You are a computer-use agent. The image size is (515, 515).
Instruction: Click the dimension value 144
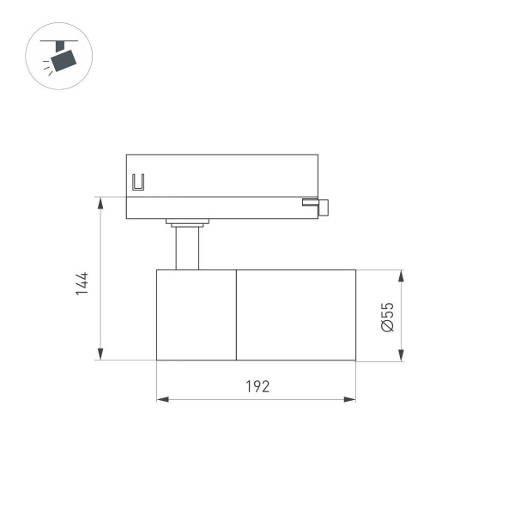[82, 283]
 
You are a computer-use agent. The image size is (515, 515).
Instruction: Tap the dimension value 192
[257, 386]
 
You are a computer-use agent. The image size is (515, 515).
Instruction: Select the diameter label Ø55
[387, 317]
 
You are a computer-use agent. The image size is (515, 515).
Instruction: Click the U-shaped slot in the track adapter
[138, 183]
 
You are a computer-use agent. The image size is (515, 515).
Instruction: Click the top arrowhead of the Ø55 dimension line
[401, 276]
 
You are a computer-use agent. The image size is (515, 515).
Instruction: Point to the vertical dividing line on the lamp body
[236, 315]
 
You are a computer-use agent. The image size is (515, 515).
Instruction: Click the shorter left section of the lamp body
[196, 315]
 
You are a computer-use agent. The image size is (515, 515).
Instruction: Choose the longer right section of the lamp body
[296, 315]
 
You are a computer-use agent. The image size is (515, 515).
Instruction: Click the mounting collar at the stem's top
[187, 224]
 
